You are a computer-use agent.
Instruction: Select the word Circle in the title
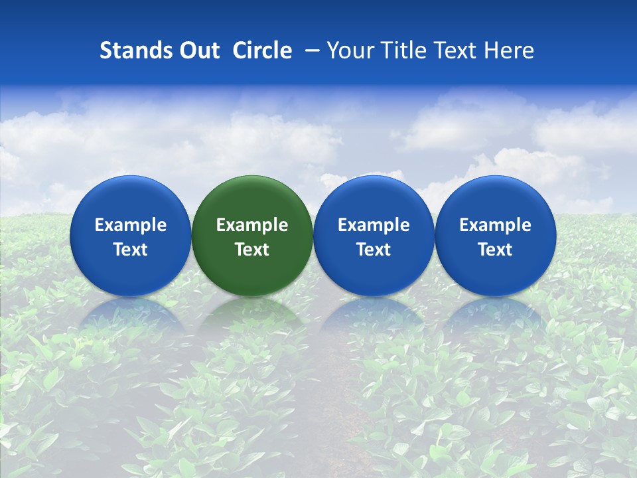pyautogui.click(x=262, y=50)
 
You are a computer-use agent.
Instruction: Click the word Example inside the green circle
pyautogui.click(x=252, y=226)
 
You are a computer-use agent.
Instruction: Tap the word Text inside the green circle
pyautogui.click(x=252, y=250)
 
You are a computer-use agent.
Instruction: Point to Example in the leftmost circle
pyautogui.click(x=130, y=226)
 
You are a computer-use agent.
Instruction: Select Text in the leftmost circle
pyautogui.click(x=130, y=250)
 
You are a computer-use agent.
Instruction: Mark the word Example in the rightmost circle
pyautogui.click(x=496, y=226)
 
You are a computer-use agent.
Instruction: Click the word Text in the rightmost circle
pyautogui.click(x=496, y=250)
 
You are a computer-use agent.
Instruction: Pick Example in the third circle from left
pyautogui.click(x=374, y=226)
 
